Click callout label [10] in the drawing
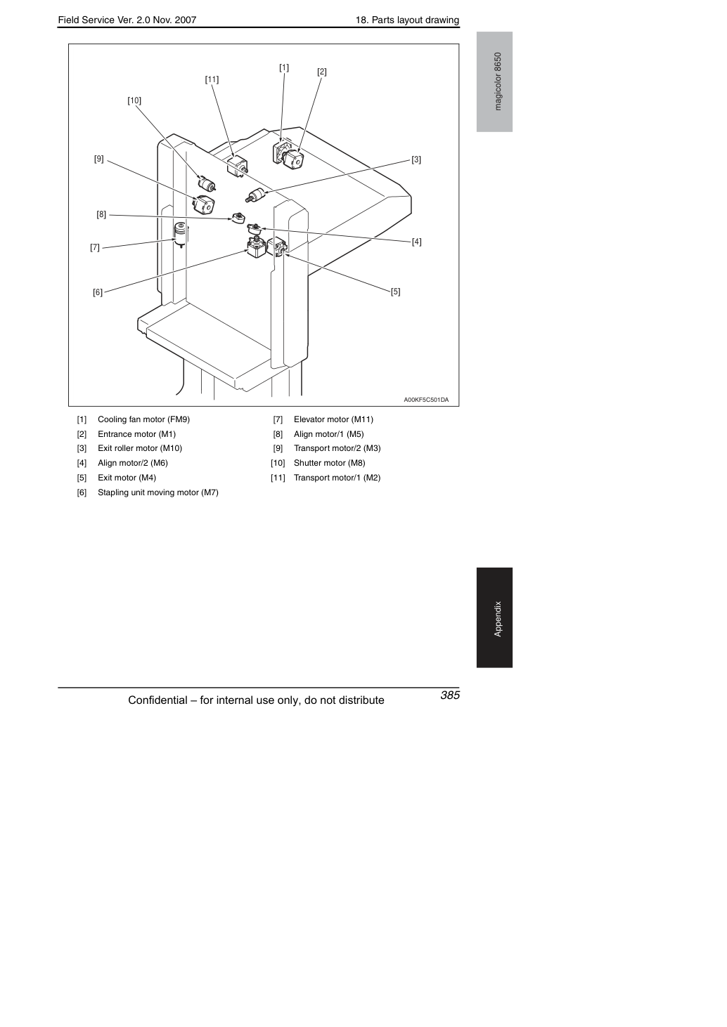point(134,100)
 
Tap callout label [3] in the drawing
point(416,159)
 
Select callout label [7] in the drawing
point(94,247)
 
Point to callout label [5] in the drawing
point(395,292)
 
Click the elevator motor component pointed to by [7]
point(181,235)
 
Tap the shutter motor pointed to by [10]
point(207,183)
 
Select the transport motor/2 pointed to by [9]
point(203,204)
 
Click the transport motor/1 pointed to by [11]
point(237,167)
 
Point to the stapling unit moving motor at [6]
point(256,247)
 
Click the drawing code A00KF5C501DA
point(426,400)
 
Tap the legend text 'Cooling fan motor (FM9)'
point(143,419)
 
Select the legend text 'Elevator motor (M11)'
point(334,419)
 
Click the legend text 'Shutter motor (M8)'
point(330,463)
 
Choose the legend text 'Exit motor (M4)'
point(127,478)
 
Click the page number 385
point(450,695)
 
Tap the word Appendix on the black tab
point(498,619)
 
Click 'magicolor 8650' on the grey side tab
point(498,81)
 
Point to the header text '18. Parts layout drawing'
point(407,20)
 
